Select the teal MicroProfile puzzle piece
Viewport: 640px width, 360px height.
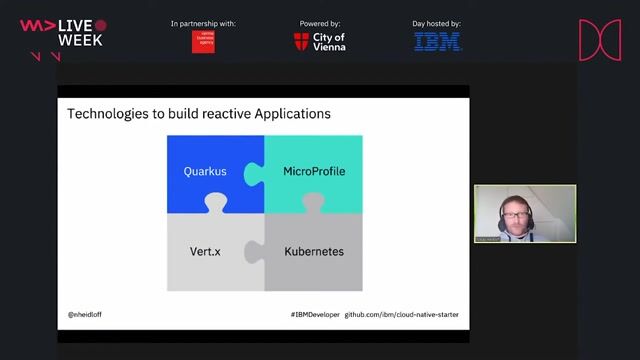pos(314,171)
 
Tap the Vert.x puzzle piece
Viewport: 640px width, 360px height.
pos(204,251)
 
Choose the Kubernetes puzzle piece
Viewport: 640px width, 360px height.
pos(314,251)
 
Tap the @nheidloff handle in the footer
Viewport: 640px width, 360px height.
pos(85,314)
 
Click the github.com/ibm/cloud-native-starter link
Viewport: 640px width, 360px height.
pos(402,314)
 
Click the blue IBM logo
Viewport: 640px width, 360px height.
pos(438,42)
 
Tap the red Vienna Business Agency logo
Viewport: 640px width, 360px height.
pos(203,42)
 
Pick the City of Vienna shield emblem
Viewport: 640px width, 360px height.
pos(302,42)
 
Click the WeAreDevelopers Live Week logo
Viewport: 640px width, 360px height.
pos(62,34)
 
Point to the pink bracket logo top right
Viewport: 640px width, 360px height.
pos(600,40)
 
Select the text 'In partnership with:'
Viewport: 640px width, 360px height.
pos(203,22)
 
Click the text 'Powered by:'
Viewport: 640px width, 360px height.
pos(320,22)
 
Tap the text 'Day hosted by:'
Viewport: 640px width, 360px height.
pos(438,22)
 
